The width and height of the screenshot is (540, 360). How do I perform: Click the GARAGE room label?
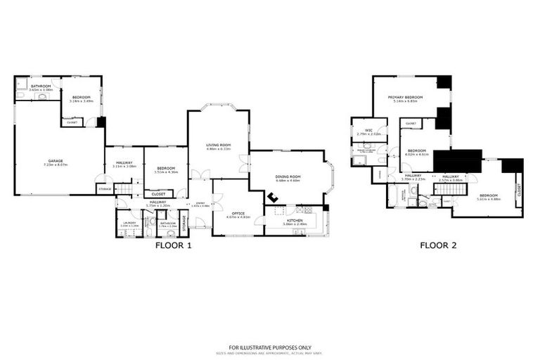[x=56, y=162]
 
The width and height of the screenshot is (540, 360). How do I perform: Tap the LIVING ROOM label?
[x=219, y=145]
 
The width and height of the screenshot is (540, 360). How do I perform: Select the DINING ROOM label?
[x=288, y=176]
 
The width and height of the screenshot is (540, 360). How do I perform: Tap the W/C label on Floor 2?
[x=368, y=129]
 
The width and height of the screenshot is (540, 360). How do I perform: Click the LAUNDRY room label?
[x=128, y=223]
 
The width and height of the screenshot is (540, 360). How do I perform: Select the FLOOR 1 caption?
[x=173, y=245]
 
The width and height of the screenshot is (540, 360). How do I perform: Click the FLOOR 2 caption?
[x=439, y=245]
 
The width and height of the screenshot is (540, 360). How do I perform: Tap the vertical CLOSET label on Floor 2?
[x=519, y=189]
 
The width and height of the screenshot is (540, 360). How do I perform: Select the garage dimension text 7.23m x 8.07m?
[x=56, y=166]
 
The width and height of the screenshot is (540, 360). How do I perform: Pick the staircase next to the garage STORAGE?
[x=124, y=189]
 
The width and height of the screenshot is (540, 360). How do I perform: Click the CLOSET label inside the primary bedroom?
[x=411, y=124]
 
